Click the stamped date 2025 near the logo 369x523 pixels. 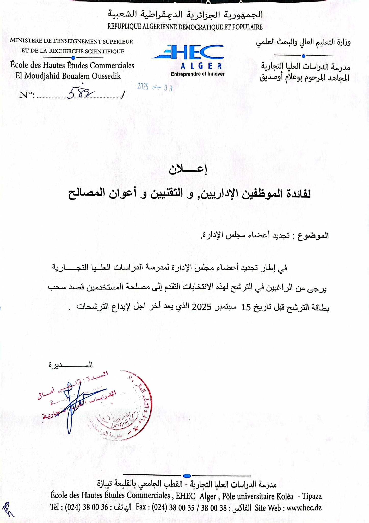click(143, 87)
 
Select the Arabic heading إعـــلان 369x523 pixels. click(188, 170)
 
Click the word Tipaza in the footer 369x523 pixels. click(312, 496)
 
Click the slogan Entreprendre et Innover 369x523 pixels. click(198, 74)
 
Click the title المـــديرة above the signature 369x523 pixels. click(71, 365)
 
